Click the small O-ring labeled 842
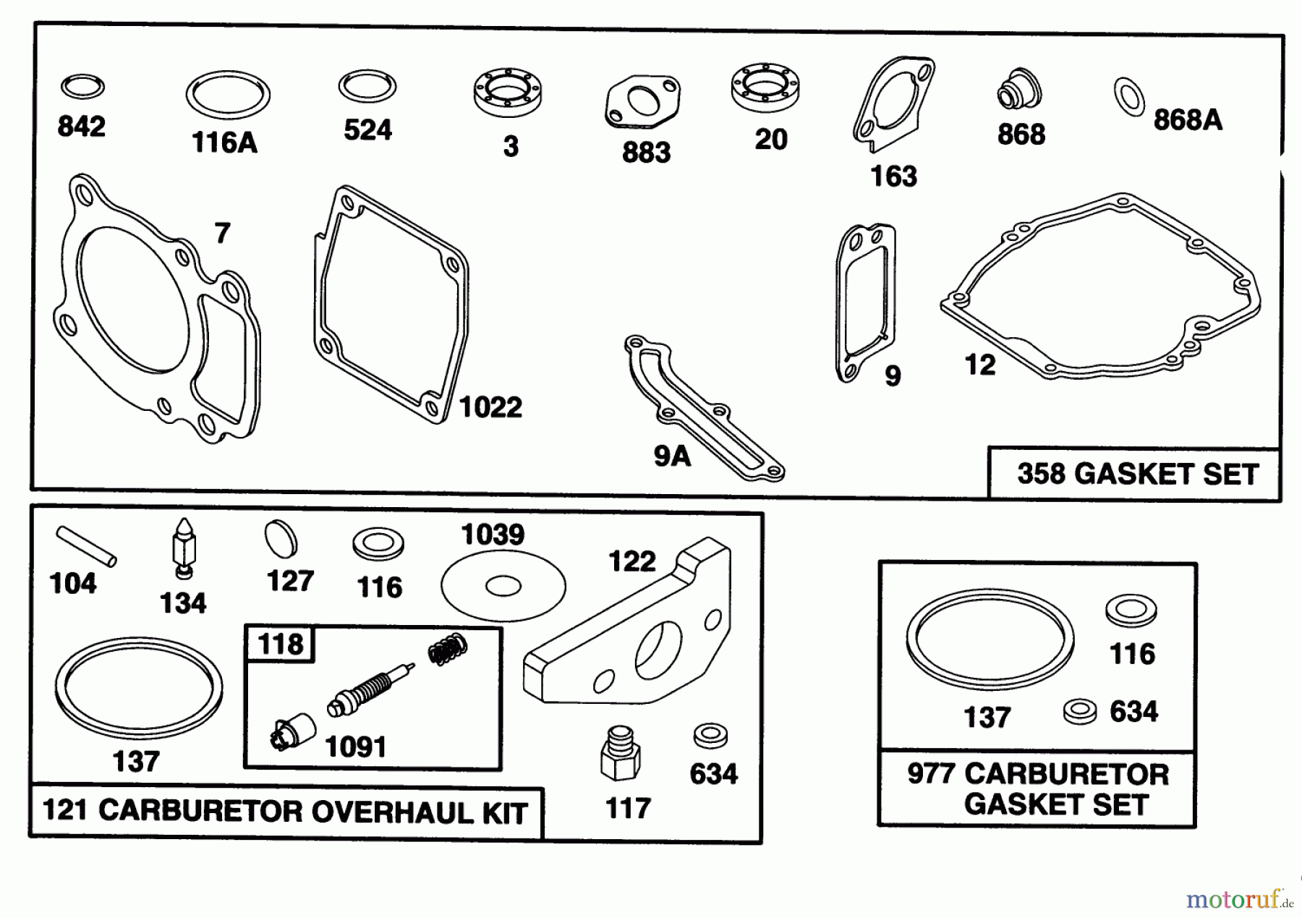tap(82, 87)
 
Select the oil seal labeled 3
tap(508, 92)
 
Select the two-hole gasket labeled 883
tap(642, 103)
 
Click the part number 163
tap(893, 177)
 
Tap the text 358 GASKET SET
tap(1137, 474)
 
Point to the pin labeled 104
tap(85, 545)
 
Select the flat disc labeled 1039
tap(503, 585)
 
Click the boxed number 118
tap(281, 643)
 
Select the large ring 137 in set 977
tap(989, 641)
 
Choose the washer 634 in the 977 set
tap(1079, 711)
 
